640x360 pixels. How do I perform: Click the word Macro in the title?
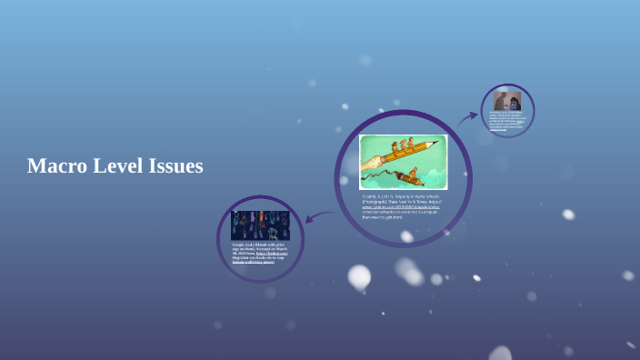[57, 166]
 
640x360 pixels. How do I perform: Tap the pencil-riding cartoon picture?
[403, 162]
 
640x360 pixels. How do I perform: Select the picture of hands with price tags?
[260, 225]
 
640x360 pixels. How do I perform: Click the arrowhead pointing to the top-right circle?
[474, 115]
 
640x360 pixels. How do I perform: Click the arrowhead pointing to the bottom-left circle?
[310, 218]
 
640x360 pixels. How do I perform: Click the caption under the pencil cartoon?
[403, 206]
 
